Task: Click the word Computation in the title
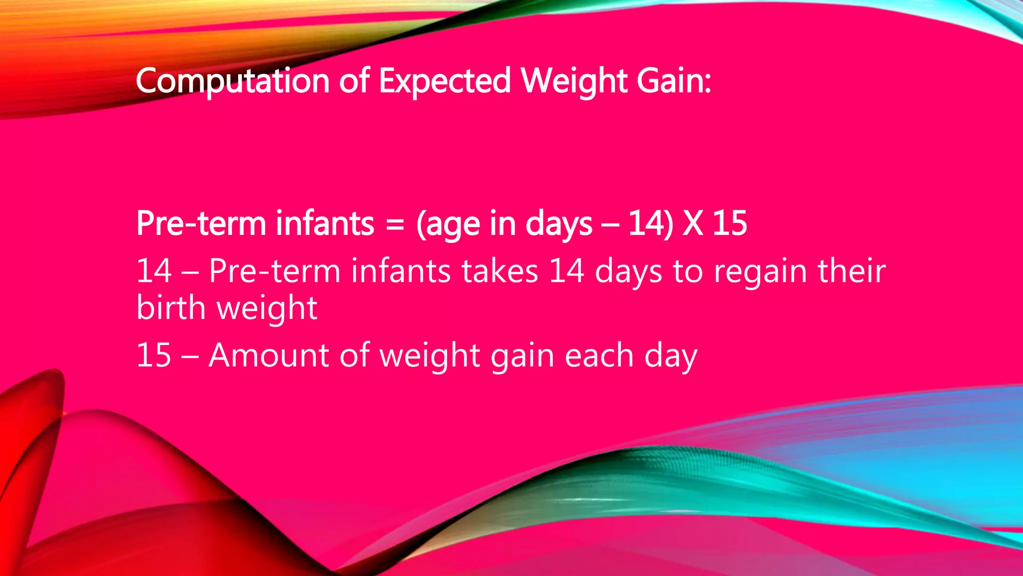pos(232,81)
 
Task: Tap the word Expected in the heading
pos(445,81)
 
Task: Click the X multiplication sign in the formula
pos(692,223)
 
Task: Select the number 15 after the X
pos(729,223)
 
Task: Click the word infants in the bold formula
pos(325,223)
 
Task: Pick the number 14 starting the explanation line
pos(154,271)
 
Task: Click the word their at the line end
pos(851,271)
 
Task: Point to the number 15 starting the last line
pos(154,355)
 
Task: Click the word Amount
pos(268,355)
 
